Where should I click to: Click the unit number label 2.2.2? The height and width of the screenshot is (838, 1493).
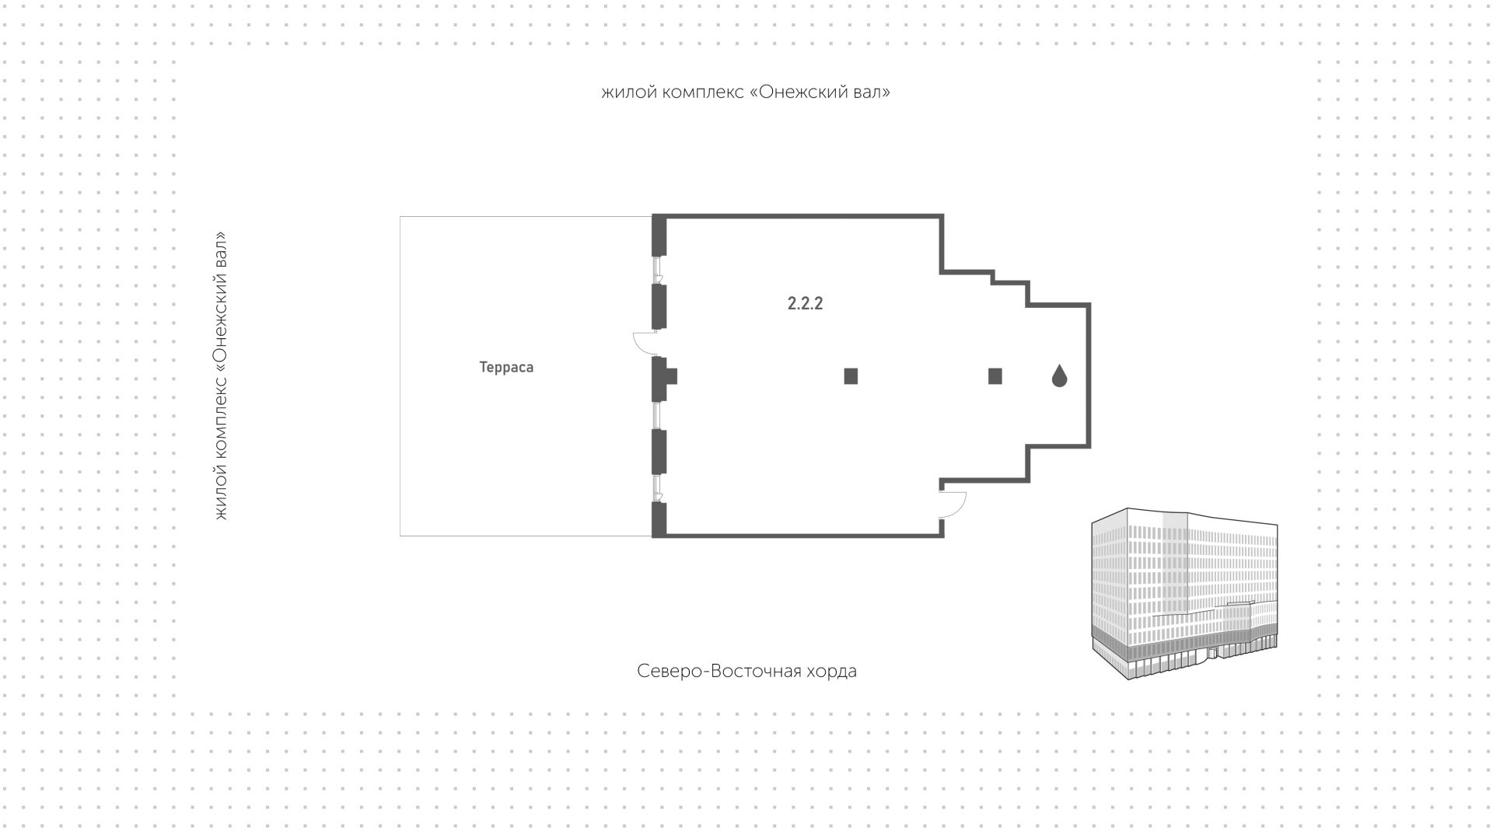[805, 303]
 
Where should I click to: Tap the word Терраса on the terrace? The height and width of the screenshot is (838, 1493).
[506, 368]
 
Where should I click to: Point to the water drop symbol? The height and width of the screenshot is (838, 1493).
[1059, 376]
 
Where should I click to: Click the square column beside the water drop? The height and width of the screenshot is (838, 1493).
[995, 376]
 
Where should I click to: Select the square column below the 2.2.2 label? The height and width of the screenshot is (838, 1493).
[851, 376]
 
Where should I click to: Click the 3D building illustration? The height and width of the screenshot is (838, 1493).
[1184, 595]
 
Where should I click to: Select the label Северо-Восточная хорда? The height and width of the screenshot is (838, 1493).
[746, 671]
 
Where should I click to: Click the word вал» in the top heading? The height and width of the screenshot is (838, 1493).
[874, 92]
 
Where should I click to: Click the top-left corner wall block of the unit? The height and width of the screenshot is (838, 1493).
[659, 235]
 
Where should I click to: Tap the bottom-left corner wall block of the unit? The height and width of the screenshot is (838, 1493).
[659, 519]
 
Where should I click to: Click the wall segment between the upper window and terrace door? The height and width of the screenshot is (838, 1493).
[659, 306]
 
